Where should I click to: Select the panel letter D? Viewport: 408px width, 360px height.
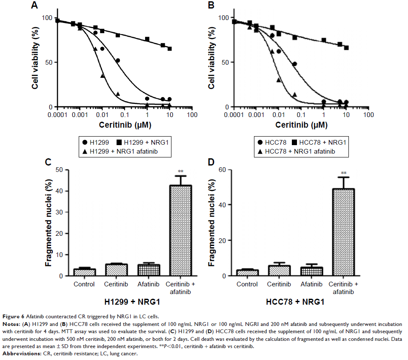coord(211,162)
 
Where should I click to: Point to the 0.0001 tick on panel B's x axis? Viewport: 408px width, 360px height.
coord(233,115)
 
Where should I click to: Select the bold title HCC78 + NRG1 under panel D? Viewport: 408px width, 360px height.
coord(295,303)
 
